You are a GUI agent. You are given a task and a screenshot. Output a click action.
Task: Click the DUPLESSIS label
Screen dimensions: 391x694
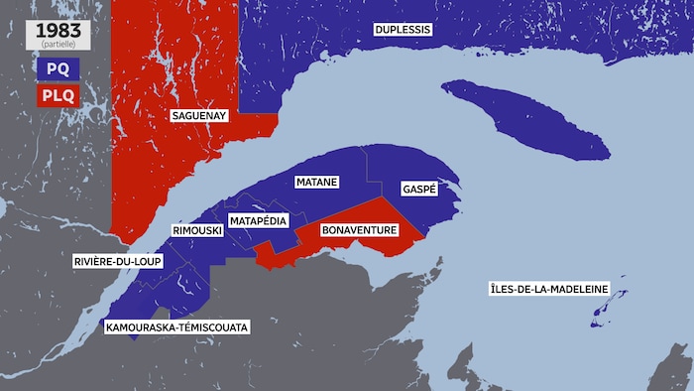(403, 30)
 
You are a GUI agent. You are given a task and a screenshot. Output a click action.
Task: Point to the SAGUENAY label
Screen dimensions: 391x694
(199, 116)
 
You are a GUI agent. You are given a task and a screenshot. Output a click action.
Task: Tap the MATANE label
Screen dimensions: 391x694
(317, 183)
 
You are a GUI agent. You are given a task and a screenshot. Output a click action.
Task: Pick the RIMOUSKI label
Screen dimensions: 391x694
(195, 230)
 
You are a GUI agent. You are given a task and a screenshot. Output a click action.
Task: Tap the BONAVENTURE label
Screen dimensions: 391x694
(360, 230)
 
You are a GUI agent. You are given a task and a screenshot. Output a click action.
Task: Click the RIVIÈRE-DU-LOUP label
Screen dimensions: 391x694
(119, 262)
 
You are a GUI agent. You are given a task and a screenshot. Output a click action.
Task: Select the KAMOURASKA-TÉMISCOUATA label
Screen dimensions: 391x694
(177, 326)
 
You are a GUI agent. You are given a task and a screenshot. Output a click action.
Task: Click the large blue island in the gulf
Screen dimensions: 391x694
(525, 119)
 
